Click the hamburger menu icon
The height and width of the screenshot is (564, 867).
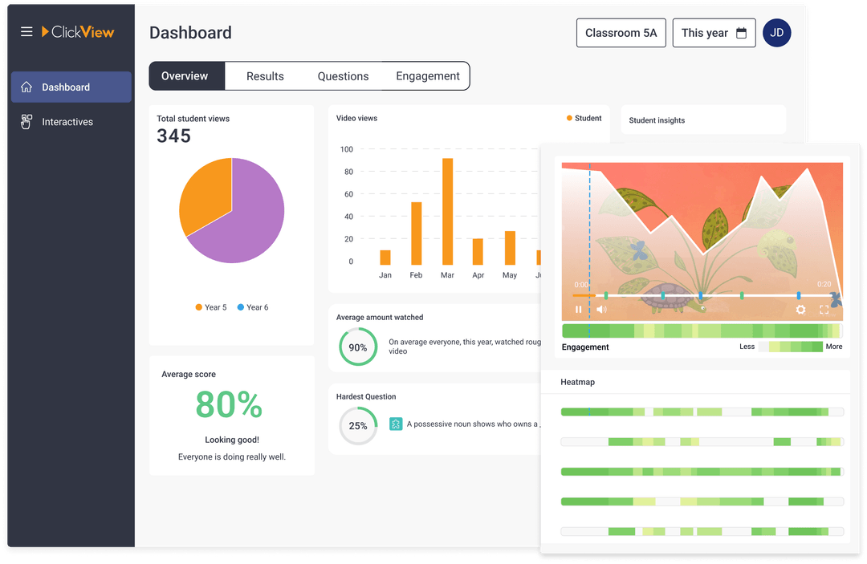pyautogui.click(x=26, y=32)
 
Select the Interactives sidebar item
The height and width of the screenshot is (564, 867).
pyautogui.click(x=67, y=122)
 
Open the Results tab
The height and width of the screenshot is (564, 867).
pyautogui.click(x=265, y=76)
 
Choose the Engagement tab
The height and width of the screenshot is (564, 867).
pyautogui.click(x=427, y=76)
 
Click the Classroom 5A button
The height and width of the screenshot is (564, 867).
pyautogui.click(x=621, y=33)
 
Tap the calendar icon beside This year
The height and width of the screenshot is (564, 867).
pyautogui.click(x=741, y=33)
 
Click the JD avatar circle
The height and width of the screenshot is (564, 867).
pyautogui.click(x=776, y=33)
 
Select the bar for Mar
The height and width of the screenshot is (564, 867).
pyautogui.click(x=447, y=212)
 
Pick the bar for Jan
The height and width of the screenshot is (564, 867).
pyautogui.click(x=385, y=258)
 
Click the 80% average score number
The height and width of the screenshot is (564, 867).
pyautogui.click(x=229, y=405)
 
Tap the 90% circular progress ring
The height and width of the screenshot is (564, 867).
pyautogui.click(x=357, y=347)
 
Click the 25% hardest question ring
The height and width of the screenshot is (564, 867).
pyautogui.click(x=357, y=426)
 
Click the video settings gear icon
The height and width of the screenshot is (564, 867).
pyautogui.click(x=800, y=310)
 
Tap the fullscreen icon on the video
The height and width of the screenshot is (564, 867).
pyautogui.click(x=824, y=310)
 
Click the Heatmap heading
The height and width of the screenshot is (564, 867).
pyautogui.click(x=577, y=383)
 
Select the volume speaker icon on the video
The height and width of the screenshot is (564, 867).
pyautogui.click(x=601, y=310)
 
